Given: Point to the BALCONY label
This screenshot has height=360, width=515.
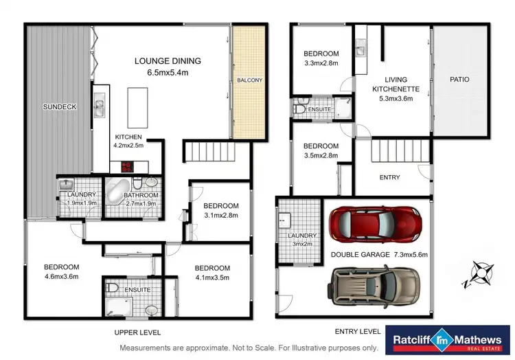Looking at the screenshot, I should pos(249,80).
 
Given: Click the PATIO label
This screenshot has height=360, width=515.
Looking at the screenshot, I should pos(459,79).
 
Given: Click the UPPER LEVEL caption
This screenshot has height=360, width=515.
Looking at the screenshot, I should pos(137,332).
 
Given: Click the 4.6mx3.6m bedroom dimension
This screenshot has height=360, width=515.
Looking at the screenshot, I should pos(62,278).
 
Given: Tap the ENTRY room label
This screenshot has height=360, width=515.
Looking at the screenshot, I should pos(389,177).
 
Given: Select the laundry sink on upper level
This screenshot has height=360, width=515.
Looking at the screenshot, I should pos(66,184).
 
